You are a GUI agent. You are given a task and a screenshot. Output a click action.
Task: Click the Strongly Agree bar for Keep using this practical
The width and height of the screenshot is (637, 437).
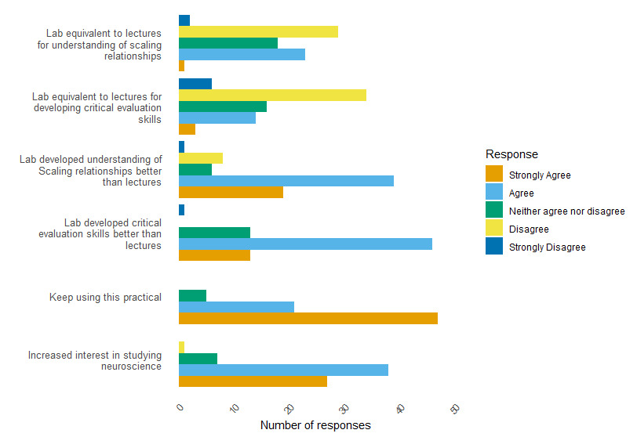[308, 319]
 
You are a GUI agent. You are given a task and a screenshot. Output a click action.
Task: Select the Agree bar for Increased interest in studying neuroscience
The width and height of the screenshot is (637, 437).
[283, 370]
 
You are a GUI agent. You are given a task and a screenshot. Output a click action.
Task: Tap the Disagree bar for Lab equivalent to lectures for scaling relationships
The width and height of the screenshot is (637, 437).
[258, 31]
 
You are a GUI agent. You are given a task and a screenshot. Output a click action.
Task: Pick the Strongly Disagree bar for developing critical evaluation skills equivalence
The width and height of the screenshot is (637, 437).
[195, 84]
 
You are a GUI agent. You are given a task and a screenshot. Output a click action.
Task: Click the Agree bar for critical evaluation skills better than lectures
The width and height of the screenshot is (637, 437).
[305, 244]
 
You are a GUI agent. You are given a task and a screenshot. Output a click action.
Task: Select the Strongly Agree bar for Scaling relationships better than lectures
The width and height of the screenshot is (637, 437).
[231, 192]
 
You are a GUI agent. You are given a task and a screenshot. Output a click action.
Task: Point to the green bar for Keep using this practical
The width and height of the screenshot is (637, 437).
[192, 296]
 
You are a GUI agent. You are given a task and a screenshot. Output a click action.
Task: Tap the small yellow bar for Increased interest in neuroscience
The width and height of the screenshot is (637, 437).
[182, 347]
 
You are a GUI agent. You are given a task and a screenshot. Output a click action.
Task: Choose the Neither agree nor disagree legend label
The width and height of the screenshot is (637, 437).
[566, 211]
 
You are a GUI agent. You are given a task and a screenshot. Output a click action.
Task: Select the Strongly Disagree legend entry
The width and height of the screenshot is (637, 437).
[547, 247]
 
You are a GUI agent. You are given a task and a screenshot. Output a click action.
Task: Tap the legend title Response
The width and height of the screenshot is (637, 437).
[511, 154]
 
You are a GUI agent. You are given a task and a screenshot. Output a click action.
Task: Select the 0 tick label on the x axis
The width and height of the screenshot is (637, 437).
[180, 408]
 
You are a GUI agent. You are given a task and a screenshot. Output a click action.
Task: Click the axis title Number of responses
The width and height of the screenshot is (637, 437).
[315, 425]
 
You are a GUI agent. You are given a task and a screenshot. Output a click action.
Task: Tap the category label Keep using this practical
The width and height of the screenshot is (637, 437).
[105, 298]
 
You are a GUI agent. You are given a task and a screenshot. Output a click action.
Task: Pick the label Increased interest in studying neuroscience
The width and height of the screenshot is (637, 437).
[95, 360]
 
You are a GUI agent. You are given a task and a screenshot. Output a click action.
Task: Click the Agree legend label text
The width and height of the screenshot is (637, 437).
[521, 193]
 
